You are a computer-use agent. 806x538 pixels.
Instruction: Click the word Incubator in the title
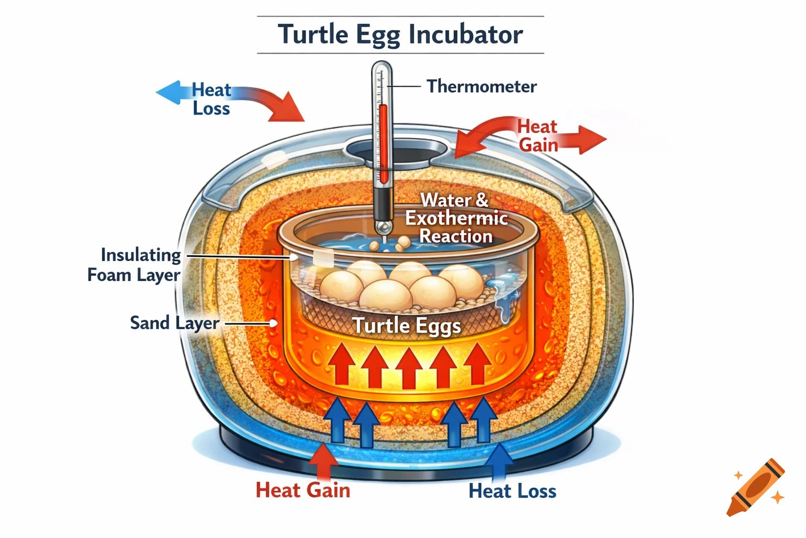pyautogui.click(x=465, y=35)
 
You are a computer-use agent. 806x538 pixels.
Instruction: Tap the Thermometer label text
pyautogui.click(x=481, y=86)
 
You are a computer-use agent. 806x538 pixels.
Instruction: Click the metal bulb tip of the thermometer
pyautogui.click(x=383, y=226)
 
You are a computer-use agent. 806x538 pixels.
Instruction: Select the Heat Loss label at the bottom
pyautogui.click(x=512, y=491)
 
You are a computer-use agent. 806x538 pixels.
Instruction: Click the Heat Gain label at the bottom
pyautogui.click(x=303, y=490)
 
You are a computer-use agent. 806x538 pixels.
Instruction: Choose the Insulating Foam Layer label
pyautogui.click(x=134, y=265)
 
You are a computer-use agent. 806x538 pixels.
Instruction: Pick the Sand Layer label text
pyautogui.click(x=174, y=323)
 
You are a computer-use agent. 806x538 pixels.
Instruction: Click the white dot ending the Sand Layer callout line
pyautogui.click(x=273, y=323)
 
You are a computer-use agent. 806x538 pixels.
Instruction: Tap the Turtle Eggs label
pyautogui.click(x=407, y=326)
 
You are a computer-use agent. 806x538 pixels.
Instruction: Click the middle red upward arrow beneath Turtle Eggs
pyautogui.click(x=409, y=366)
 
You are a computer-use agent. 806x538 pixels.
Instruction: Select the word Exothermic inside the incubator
pyautogui.click(x=457, y=218)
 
